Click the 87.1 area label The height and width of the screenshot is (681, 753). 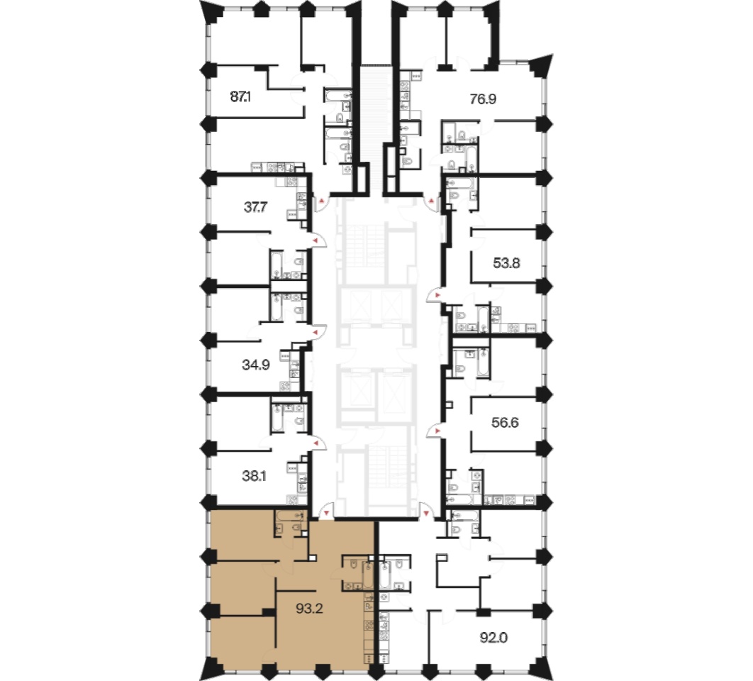pyautogui.click(x=240, y=97)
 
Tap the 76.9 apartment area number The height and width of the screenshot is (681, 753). pyautogui.click(x=483, y=99)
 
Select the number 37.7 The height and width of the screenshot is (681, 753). pyautogui.click(x=255, y=207)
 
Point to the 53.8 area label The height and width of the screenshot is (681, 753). pyautogui.click(x=506, y=263)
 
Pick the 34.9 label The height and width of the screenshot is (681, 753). pyautogui.click(x=255, y=365)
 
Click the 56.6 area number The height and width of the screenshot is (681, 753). pyautogui.click(x=506, y=423)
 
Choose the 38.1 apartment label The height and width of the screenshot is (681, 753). pyautogui.click(x=254, y=476)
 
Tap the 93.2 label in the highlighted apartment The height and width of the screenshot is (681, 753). pyautogui.click(x=309, y=609)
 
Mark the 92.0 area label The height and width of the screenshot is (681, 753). pyautogui.click(x=493, y=638)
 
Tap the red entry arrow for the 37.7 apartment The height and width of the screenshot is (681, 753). pyautogui.click(x=316, y=239)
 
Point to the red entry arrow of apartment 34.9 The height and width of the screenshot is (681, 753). pyautogui.click(x=316, y=332)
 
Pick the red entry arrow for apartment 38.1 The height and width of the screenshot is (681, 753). pyautogui.click(x=316, y=443)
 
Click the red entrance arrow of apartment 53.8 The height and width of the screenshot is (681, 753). pyautogui.click(x=437, y=294)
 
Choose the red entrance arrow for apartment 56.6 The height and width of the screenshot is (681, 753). pyautogui.click(x=437, y=431)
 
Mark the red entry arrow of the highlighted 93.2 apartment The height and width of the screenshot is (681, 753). pyautogui.click(x=327, y=514)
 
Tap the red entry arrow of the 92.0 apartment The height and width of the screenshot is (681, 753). pyautogui.click(x=426, y=514)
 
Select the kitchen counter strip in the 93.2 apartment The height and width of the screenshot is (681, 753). pyautogui.click(x=369, y=628)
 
